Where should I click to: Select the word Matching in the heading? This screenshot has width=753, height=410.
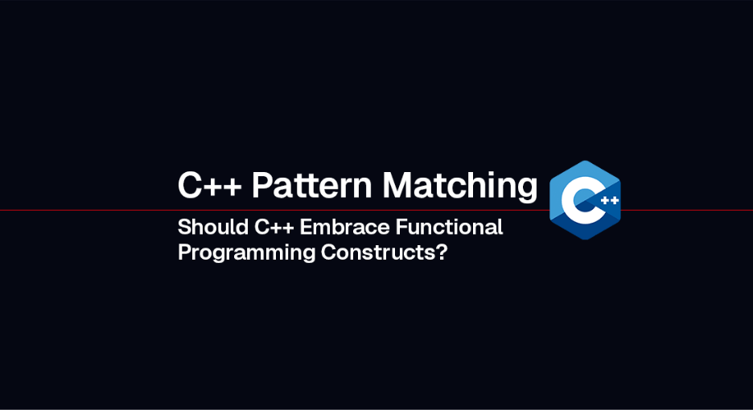pos(460,187)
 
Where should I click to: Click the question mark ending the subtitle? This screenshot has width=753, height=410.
pos(442,252)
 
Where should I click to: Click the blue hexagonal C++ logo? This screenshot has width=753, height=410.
pos(585,200)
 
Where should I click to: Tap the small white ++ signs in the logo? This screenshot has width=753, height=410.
pos(609,200)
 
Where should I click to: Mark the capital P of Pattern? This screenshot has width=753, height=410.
pos(261,186)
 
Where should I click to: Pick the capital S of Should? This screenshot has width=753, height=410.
pos(184,228)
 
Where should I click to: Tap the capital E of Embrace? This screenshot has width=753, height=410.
pos(306,228)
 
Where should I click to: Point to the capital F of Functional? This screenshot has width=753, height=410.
pos(401,228)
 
